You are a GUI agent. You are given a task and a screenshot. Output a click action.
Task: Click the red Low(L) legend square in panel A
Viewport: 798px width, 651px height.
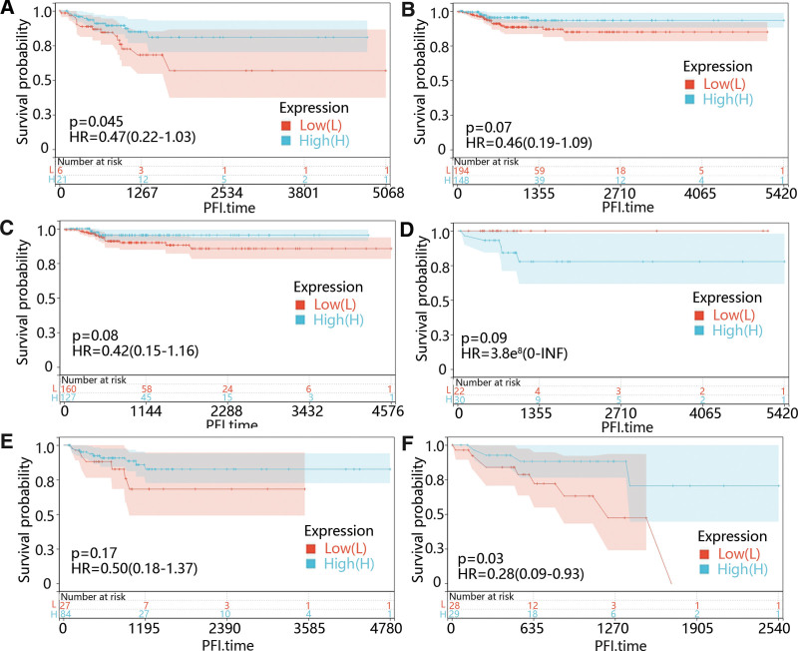tap(286, 125)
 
